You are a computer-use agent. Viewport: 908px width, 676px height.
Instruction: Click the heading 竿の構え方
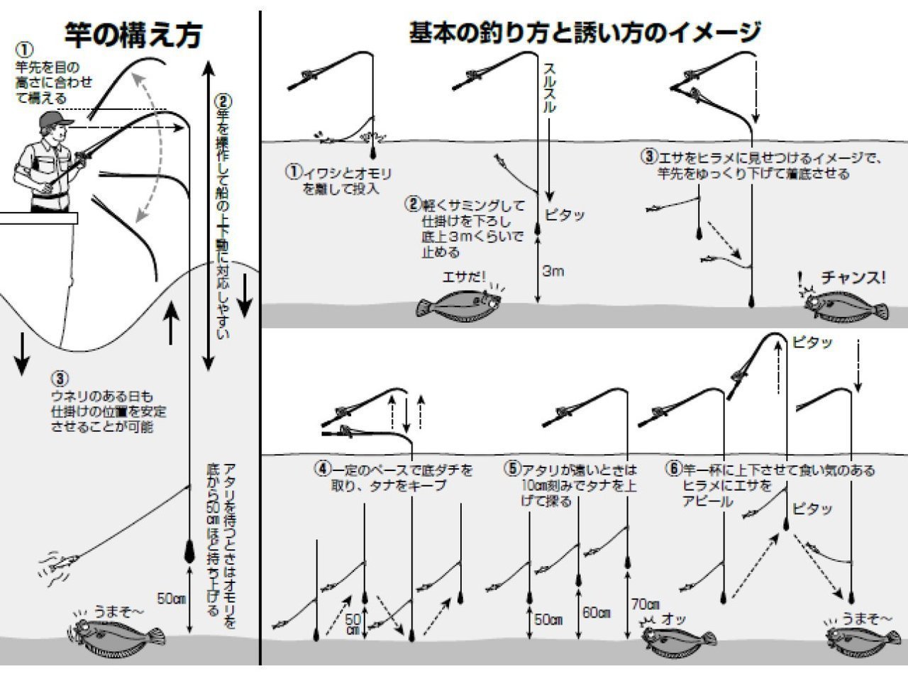[133, 35]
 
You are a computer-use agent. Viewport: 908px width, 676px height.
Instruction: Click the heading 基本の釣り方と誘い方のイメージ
[585, 33]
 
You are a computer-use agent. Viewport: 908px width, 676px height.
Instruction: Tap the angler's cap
[55, 120]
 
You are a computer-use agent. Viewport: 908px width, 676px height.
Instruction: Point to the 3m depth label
[553, 271]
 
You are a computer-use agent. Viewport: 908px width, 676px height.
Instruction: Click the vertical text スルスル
[549, 89]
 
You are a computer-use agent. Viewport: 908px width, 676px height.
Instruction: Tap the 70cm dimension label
[645, 604]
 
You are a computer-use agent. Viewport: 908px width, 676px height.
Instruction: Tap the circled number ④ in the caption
[321, 470]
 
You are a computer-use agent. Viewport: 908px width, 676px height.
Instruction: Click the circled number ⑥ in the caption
[672, 470]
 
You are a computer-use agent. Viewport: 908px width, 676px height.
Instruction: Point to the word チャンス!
[853, 277]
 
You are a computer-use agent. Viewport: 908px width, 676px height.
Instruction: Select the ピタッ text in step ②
[565, 215]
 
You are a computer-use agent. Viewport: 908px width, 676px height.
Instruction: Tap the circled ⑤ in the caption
[512, 470]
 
